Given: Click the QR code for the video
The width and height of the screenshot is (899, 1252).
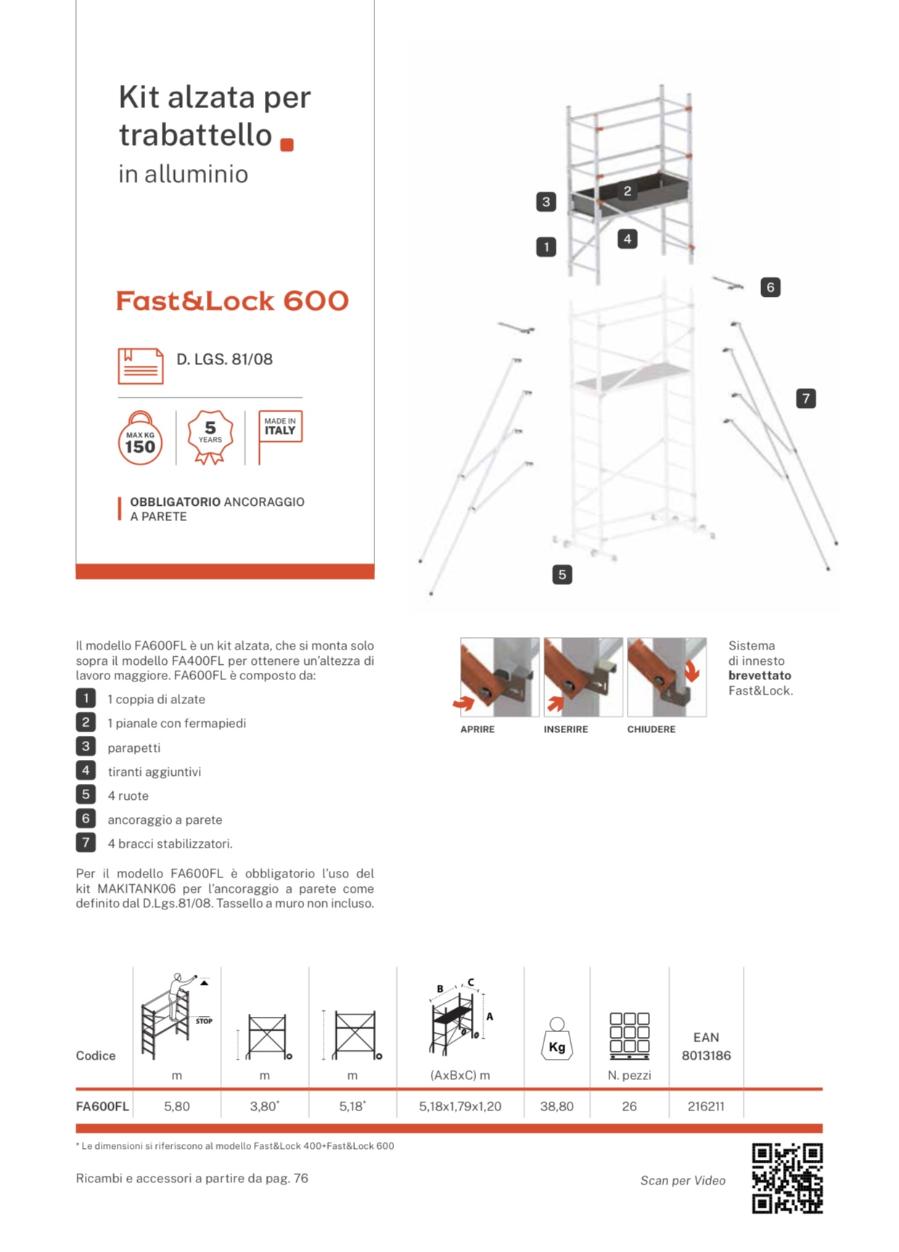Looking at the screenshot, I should pyautogui.click(x=787, y=1178).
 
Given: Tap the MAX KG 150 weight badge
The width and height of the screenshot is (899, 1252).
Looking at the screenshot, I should pyautogui.click(x=140, y=438).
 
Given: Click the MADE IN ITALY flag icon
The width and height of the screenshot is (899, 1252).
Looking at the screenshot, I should pyautogui.click(x=280, y=428).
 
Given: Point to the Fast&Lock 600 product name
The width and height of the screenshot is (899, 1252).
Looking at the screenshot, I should pyautogui.click(x=232, y=301).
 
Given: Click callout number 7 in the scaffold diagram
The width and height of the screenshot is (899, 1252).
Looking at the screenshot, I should pyautogui.click(x=805, y=398).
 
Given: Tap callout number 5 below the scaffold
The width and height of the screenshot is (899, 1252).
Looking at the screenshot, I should pyautogui.click(x=562, y=575).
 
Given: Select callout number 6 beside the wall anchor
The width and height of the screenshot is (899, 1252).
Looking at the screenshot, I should pyautogui.click(x=770, y=287).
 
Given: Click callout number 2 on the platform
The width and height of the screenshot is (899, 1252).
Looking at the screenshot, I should pyautogui.click(x=628, y=192).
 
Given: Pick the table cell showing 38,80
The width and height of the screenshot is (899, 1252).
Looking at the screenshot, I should pyautogui.click(x=557, y=1106).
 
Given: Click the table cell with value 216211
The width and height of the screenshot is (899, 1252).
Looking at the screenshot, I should pyautogui.click(x=706, y=1106).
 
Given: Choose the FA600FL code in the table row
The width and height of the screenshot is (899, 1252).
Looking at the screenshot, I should pyautogui.click(x=102, y=1106).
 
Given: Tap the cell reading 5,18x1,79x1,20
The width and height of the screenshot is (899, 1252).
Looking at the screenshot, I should pyautogui.click(x=460, y=1106).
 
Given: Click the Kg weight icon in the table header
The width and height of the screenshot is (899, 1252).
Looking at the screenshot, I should pyautogui.click(x=557, y=1039).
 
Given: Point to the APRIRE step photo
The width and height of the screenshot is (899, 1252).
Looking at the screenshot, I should pyautogui.click(x=499, y=677).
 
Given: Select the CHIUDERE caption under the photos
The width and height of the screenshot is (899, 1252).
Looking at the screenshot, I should pyautogui.click(x=651, y=729).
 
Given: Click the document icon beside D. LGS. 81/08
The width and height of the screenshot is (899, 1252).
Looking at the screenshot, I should pyautogui.click(x=141, y=366).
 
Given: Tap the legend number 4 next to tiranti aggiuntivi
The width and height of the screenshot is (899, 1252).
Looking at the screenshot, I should pyautogui.click(x=86, y=771).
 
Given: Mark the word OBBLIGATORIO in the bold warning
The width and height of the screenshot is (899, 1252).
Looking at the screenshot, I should pyautogui.click(x=175, y=502).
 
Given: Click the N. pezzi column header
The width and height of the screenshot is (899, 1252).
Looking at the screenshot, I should pyautogui.click(x=629, y=1075).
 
